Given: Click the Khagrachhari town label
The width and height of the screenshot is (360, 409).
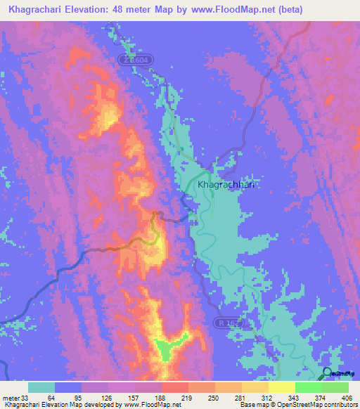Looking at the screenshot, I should click(226, 183).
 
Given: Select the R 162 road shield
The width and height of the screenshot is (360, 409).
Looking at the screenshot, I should click(224, 321).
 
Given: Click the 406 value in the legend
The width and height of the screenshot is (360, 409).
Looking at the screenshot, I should click(348, 397).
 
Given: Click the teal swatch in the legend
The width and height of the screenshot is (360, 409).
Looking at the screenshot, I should click(41, 387).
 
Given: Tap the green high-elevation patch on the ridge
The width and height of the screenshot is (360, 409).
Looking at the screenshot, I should click(167, 347).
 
